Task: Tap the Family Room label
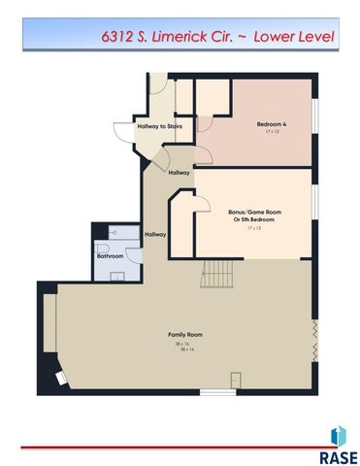pyautogui.click(x=188, y=335)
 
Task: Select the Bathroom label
pyautogui.click(x=110, y=255)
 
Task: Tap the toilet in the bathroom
pyautogui.click(x=103, y=247)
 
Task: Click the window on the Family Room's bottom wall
pyautogui.click(x=217, y=391)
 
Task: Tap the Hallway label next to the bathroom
pyautogui.click(x=155, y=234)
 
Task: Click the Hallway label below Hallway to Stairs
pyautogui.click(x=179, y=173)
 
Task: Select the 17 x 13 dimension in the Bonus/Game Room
pyautogui.click(x=254, y=229)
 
